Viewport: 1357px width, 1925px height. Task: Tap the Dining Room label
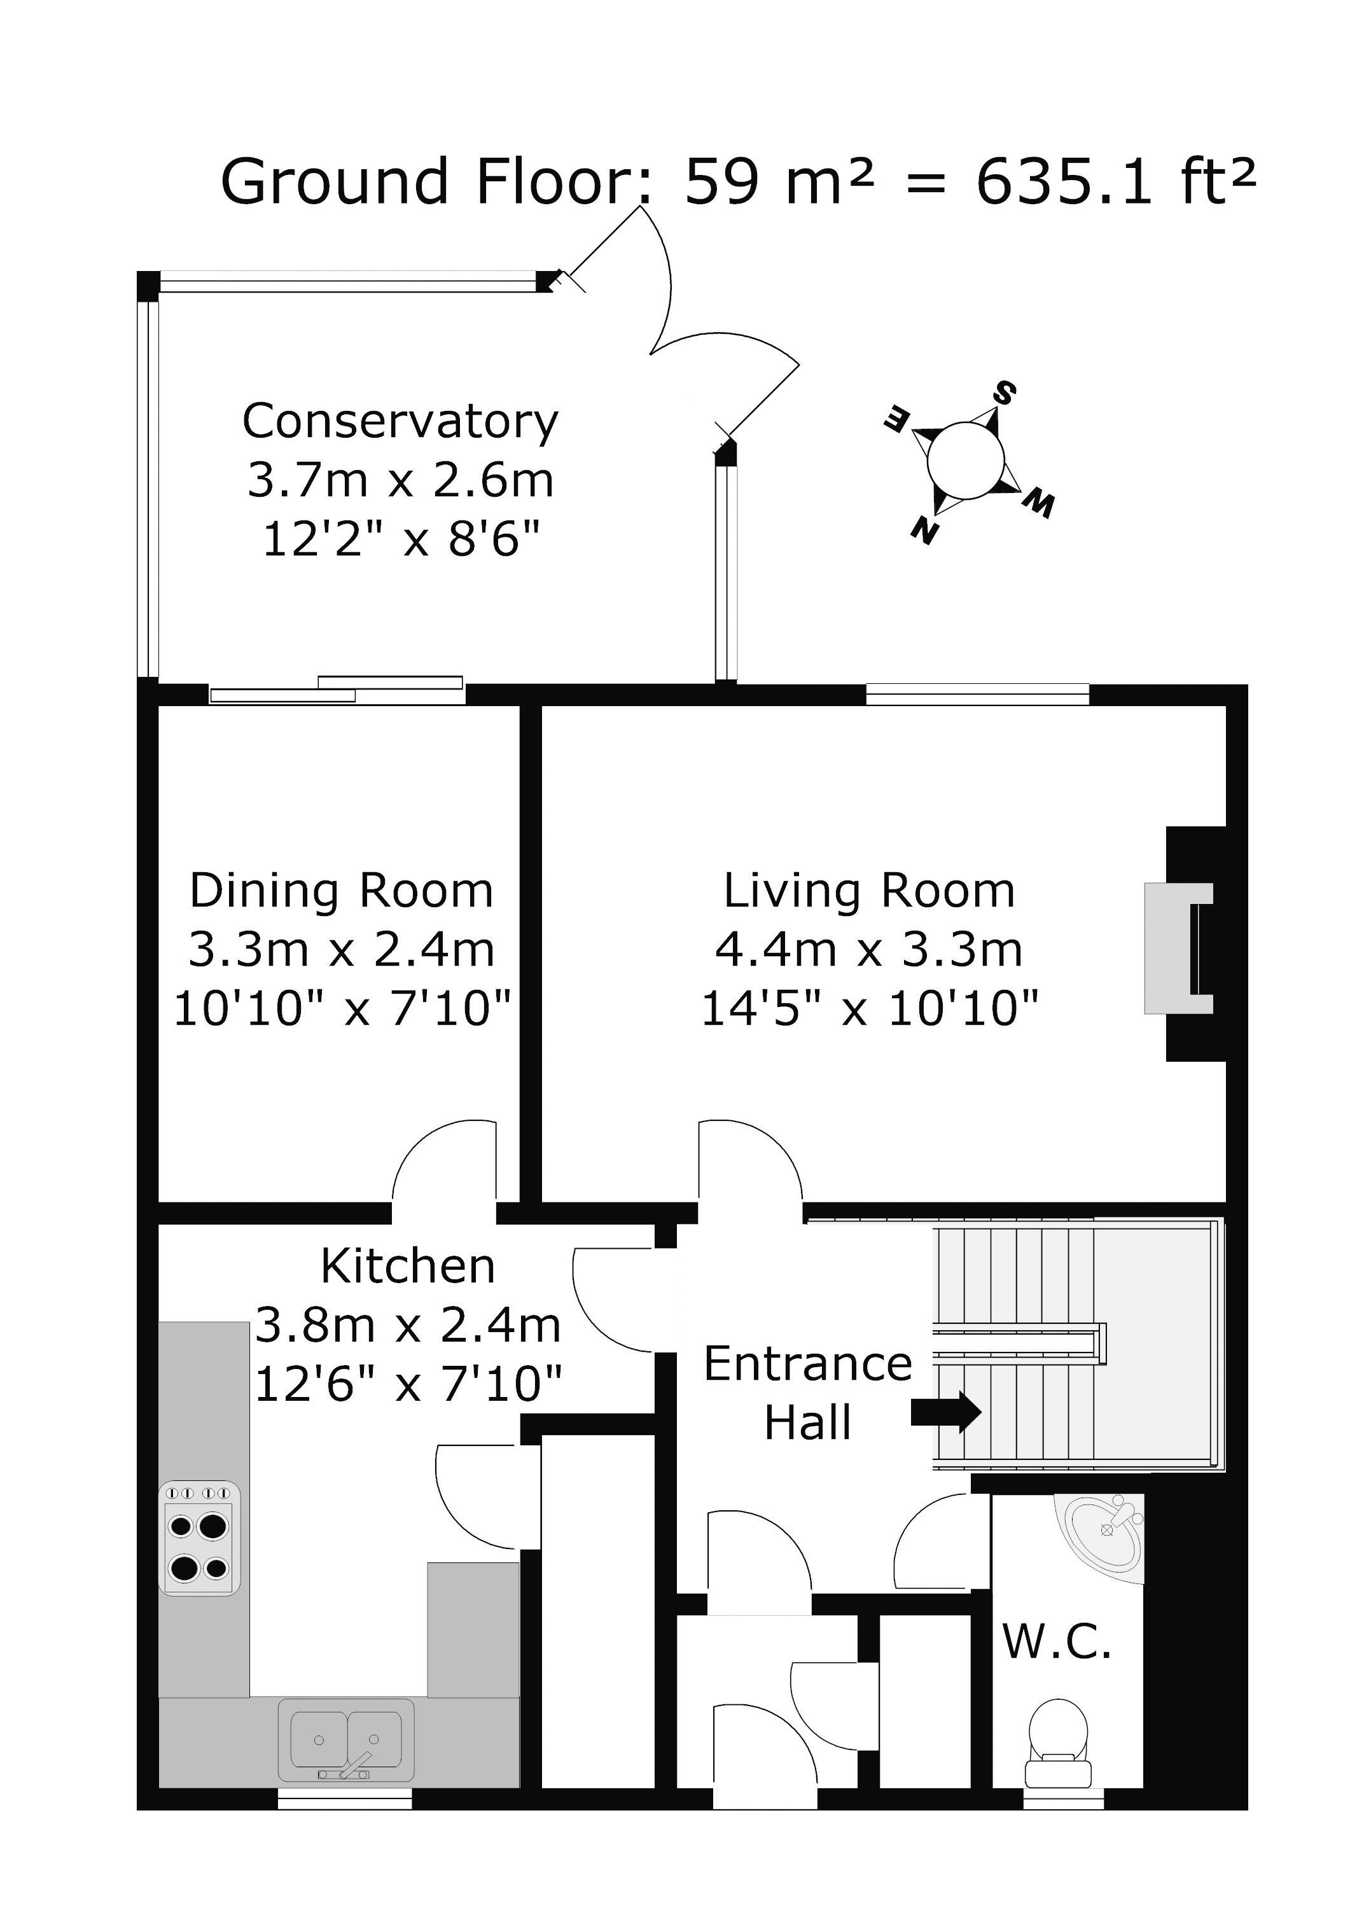point(342,891)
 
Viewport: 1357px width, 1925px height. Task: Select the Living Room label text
point(869,891)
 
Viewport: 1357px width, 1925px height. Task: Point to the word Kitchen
point(408,1266)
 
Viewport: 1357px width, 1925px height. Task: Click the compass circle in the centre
point(965,461)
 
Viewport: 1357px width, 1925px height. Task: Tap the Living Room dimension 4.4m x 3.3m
point(869,950)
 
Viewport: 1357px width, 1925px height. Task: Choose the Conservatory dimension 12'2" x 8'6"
point(400,538)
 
